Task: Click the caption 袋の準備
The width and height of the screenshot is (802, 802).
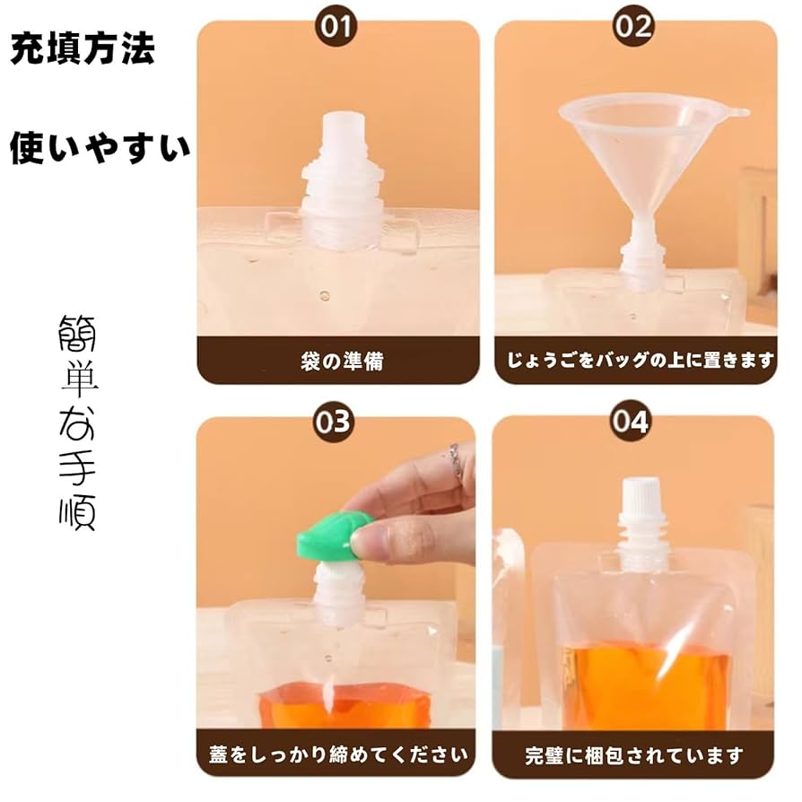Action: pos(337,362)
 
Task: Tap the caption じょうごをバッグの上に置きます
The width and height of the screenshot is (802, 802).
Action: pos(635,362)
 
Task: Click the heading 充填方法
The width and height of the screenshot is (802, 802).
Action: pos(83,50)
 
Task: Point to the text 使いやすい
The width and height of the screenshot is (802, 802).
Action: pos(100,148)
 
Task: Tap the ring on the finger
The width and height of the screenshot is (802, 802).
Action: pos(456,461)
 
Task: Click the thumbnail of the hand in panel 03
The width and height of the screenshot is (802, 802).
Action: pos(367,542)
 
